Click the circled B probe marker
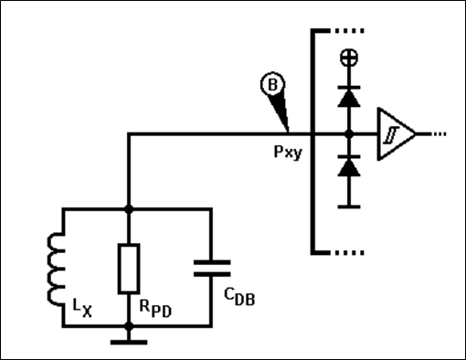point(272,84)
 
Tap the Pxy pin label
point(288,152)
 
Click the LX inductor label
point(82,308)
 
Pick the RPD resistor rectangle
point(129,269)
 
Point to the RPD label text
point(155,309)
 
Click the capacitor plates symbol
point(212,268)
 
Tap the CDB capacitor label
point(239,297)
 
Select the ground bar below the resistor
point(129,343)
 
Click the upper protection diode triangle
point(349,98)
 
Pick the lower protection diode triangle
point(349,167)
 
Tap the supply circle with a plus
point(349,58)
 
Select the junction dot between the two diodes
point(349,133)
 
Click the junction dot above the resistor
point(129,209)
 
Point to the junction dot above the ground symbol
point(129,326)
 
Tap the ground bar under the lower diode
point(349,206)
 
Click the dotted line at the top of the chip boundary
point(349,31)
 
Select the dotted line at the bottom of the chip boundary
point(349,252)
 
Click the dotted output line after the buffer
point(439,133)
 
